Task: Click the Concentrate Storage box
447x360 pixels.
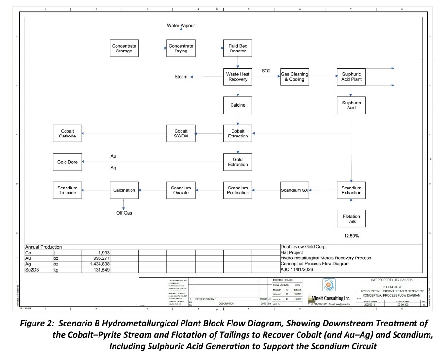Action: [x=124, y=48]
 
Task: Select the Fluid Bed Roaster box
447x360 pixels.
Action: [x=237, y=48]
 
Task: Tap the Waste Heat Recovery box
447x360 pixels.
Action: [x=237, y=76]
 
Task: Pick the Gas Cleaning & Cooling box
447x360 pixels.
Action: [x=294, y=76]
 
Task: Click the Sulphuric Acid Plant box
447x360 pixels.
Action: [x=351, y=76]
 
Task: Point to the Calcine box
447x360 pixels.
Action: [x=237, y=105]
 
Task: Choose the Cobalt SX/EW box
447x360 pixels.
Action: [x=181, y=133]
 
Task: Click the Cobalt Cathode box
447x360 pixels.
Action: [x=67, y=133]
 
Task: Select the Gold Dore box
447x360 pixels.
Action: [x=67, y=161]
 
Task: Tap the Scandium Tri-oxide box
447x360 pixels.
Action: [x=67, y=190]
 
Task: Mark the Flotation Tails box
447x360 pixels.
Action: [x=351, y=218]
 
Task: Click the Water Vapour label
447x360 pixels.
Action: [x=181, y=25]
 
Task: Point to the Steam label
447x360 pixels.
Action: [x=181, y=77]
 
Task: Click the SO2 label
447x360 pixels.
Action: [x=266, y=71]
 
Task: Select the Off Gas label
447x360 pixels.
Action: [x=124, y=213]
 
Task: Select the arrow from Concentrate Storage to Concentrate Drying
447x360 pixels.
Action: [x=152, y=48]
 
